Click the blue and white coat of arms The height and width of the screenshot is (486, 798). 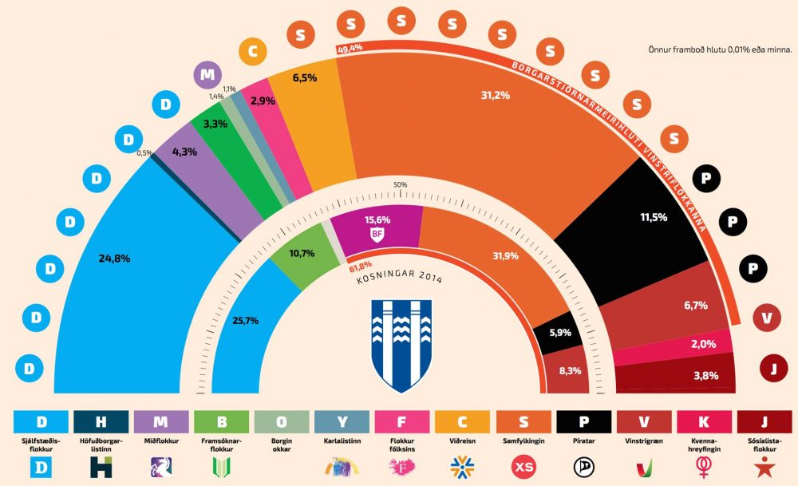click(x=402, y=345)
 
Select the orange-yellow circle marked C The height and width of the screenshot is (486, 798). click(x=252, y=52)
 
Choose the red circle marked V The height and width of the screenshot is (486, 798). click(x=767, y=318)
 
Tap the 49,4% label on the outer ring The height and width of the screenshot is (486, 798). click(x=350, y=49)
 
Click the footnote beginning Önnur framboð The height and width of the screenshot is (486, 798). click(x=721, y=49)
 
